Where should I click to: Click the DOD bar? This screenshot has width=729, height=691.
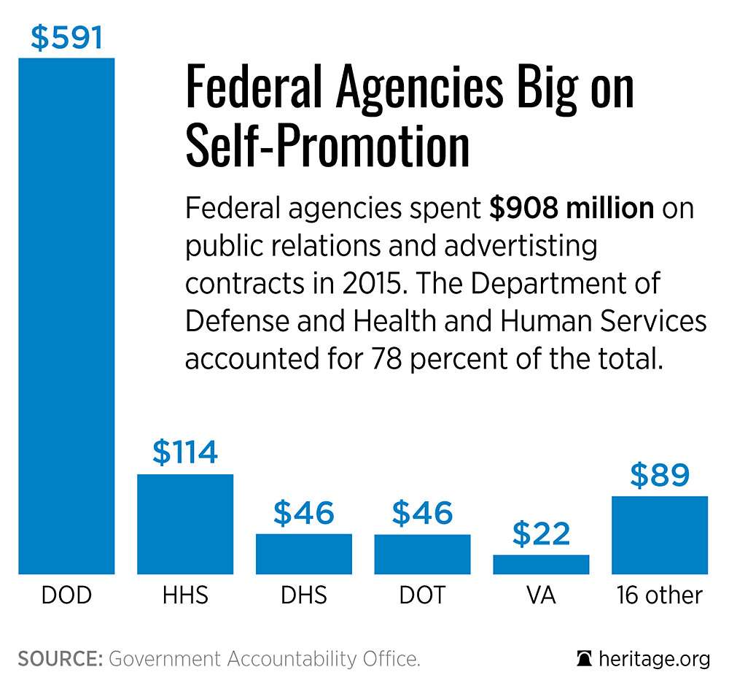tap(66, 316)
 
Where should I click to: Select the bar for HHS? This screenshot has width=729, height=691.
tap(185, 524)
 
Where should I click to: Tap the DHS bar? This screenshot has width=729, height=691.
tap(304, 554)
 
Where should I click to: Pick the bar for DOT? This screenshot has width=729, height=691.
tap(422, 555)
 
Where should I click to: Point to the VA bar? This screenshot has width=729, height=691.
tap(541, 564)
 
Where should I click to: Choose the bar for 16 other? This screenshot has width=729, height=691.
tap(660, 535)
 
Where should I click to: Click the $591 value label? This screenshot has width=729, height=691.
tap(66, 38)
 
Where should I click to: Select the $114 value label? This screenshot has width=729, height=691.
tap(185, 452)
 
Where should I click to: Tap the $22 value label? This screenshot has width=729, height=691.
tap(541, 534)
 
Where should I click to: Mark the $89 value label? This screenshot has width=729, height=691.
tap(660, 475)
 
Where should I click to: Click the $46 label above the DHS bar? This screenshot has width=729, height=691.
tap(304, 513)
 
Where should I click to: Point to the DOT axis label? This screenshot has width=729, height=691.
tap(422, 595)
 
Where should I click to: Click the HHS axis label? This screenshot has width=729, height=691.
tap(185, 595)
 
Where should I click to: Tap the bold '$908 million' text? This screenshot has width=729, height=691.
tap(572, 209)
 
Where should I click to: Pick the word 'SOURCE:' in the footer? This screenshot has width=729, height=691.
tap(60, 659)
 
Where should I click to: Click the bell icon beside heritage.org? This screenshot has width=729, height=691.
tap(584, 659)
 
